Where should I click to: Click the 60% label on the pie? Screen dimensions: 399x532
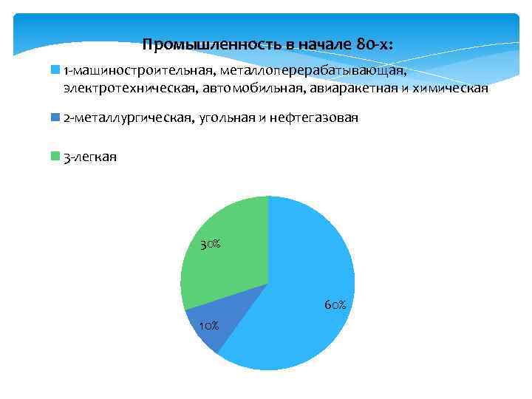[x=334, y=304]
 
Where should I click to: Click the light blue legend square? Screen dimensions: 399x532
[x=55, y=70]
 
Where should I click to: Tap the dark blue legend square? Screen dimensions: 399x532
[x=55, y=117]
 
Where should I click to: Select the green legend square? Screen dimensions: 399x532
[x=55, y=156]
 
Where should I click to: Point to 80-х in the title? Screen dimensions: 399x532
[x=372, y=44]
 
